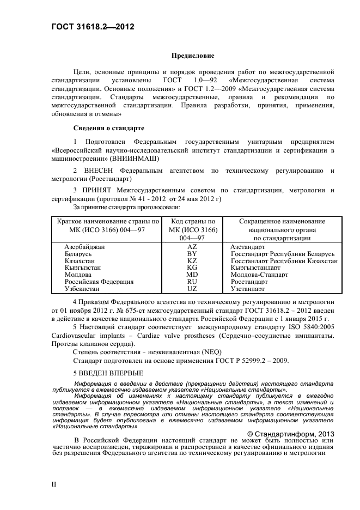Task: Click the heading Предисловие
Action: click(x=193, y=56)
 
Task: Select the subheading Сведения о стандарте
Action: click(x=108, y=129)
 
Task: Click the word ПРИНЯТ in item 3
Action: click(x=102, y=190)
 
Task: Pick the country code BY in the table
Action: click(x=192, y=254)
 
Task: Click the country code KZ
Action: click(x=192, y=261)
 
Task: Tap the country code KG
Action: click(x=192, y=268)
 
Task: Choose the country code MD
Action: click(x=192, y=275)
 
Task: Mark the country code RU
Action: click(x=192, y=282)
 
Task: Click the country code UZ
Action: click(x=192, y=289)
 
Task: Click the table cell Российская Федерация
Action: click(x=99, y=282)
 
